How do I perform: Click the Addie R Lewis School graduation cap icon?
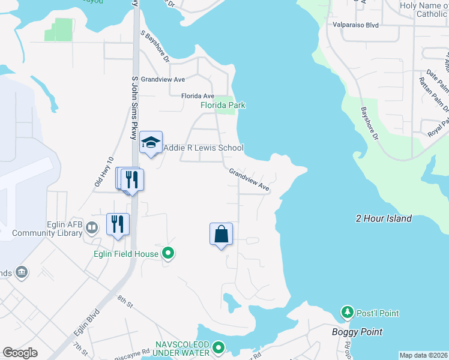[x=151, y=142]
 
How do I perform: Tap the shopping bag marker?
[x=221, y=233]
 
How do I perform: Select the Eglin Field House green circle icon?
[x=169, y=254]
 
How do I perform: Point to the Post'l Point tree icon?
[x=347, y=313]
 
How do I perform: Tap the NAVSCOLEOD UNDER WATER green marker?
[x=218, y=347]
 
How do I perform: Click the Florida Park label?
[x=223, y=105]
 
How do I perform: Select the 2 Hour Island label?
[x=384, y=218]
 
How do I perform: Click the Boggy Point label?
[x=357, y=332]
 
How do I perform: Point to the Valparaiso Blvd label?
[x=356, y=26]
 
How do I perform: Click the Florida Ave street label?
[x=197, y=96]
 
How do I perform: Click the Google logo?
[x=20, y=353]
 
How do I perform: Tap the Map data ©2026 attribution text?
[x=423, y=355]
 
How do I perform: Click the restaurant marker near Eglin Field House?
[x=118, y=224]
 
